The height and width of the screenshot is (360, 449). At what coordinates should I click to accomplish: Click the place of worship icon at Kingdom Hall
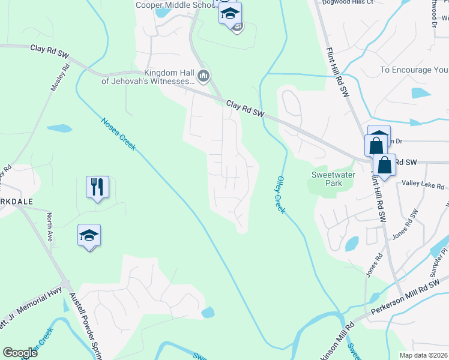point(203,76)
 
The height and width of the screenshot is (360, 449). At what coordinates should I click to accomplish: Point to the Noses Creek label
point(118,134)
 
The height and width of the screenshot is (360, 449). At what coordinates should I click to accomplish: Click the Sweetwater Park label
point(327,178)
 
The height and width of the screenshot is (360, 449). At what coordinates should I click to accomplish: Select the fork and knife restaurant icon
point(96,186)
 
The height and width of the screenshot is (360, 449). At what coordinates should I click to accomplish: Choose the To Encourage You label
point(414,70)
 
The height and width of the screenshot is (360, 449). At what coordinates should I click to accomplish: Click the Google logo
point(20,353)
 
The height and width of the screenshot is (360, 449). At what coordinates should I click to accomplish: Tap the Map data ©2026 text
point(423,355)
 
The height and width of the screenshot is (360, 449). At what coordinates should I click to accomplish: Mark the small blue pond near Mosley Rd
point(59,128)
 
